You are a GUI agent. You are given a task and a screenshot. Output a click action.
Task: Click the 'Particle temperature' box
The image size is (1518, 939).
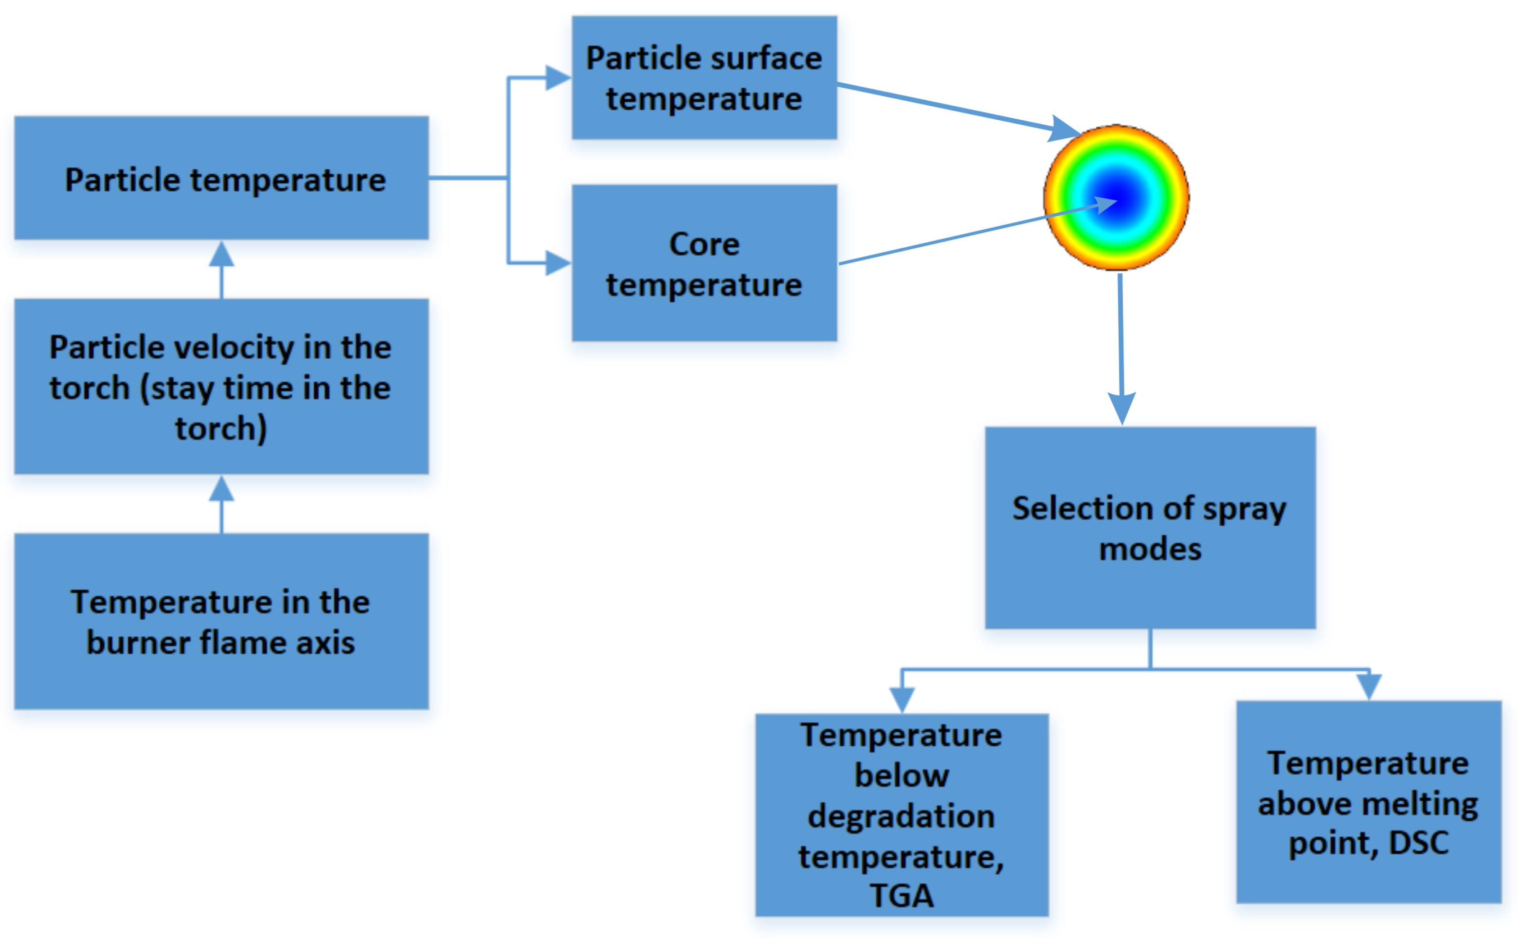[x=221, y=178]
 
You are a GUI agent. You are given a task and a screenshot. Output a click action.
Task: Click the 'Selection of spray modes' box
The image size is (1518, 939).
[x=1150, y=528]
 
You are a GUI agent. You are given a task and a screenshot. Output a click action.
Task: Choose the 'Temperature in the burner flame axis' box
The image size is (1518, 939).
[x=221, y=621]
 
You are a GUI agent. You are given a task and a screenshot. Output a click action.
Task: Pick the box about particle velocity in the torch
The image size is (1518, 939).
[x=221, y=387]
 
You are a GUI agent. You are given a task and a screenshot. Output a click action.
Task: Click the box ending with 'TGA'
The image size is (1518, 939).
[x=901, y=815]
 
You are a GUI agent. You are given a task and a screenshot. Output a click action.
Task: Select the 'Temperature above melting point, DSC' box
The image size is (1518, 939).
[x=1369, y=802]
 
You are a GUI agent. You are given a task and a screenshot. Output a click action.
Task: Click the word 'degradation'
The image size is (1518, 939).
[x=901, y=816]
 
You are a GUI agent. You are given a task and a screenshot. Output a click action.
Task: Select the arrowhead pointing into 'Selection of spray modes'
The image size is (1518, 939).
[x=1122, y=407]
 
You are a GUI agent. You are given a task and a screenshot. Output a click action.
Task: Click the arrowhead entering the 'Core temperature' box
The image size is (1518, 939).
[x=557, y=263]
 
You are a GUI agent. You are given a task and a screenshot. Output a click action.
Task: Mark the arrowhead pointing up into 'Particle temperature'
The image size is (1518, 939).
[x=221, y=255]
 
